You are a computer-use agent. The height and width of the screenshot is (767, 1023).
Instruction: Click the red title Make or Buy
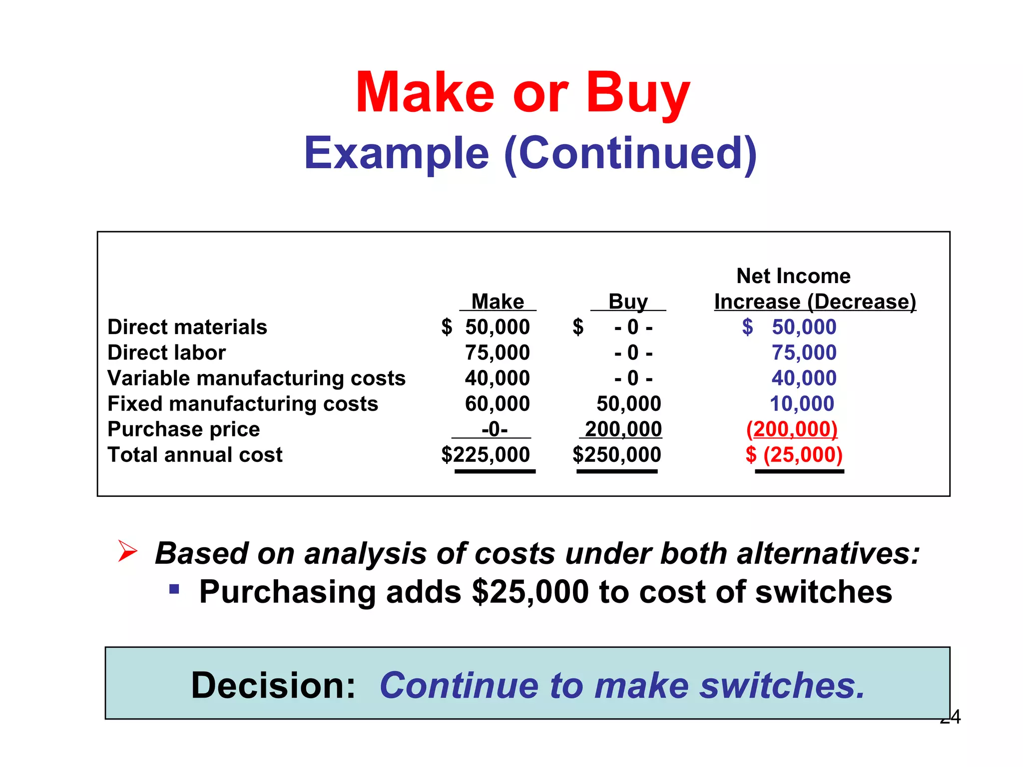522,93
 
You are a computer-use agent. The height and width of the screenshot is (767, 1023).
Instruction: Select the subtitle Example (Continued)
530,153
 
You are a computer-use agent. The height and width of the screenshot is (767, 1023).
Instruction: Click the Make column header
498,302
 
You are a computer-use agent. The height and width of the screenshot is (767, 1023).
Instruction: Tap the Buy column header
628,302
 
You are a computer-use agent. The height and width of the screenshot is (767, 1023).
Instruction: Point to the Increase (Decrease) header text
815,302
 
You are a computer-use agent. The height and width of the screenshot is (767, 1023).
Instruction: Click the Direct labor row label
166,353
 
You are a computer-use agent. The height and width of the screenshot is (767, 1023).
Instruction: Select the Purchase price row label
183,429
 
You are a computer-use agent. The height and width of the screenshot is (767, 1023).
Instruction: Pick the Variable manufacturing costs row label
256,378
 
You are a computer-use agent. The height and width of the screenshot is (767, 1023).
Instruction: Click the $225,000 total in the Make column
486,455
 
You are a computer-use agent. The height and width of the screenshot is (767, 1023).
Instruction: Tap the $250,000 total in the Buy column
617,455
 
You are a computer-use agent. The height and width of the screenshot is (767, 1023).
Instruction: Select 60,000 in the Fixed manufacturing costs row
497,403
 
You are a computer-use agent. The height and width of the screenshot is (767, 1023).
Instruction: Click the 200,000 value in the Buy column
623,429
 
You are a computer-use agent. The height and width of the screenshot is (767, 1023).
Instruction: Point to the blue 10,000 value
802,403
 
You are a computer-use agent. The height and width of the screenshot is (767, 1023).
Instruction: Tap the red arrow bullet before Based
127,551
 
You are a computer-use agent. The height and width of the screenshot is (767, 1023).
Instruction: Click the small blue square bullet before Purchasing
174,589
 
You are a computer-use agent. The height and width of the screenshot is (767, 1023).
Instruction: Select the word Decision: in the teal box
273,685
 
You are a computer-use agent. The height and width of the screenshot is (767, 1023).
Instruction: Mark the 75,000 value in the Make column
497,353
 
